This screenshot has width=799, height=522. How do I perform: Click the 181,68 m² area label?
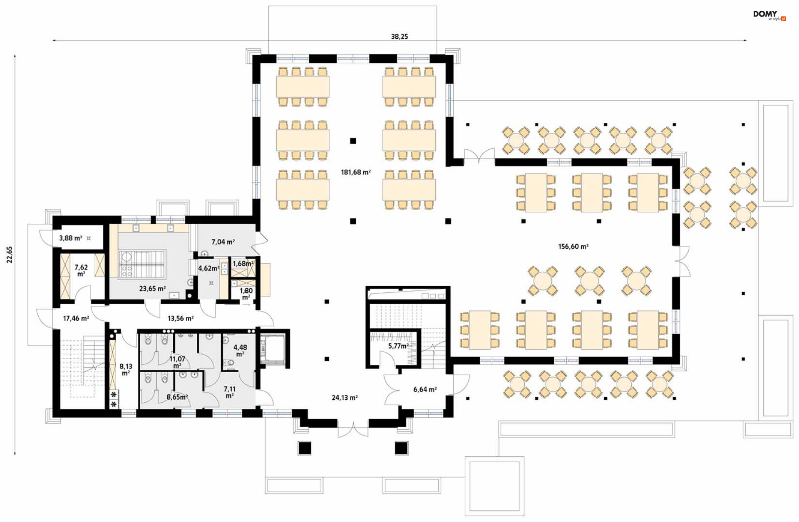coord(356,172)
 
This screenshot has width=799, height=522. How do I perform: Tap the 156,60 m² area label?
coord(573,247)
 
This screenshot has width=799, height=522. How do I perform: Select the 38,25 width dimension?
coord(399,37)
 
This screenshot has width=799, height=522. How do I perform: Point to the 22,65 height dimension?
coord(10,255)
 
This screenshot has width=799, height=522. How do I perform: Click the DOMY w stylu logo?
coord(769,15)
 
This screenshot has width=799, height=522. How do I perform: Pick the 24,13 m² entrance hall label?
coord(345,398)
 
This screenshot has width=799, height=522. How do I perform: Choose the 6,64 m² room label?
coord(425,390)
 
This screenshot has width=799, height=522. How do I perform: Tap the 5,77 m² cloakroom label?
coord(398,346)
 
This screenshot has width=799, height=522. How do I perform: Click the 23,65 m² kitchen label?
coord(152,289)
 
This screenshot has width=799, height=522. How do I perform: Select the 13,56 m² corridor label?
coord(180,319)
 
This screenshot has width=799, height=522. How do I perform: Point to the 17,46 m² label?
coord(76,319)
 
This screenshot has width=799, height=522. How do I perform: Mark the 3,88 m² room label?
coord(71,238)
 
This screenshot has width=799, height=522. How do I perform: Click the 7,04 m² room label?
coord(223,242)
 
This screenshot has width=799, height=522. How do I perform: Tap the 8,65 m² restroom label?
coord(177,397)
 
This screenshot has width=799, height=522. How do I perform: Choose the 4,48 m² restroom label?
coord(240,350)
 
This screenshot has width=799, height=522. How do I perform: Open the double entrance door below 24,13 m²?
coord(353,430)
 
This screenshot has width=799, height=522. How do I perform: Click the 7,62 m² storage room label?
coord(81,270)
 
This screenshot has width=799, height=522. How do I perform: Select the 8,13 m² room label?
coord(126,369)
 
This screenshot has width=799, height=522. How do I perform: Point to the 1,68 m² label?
coord(243,264)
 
